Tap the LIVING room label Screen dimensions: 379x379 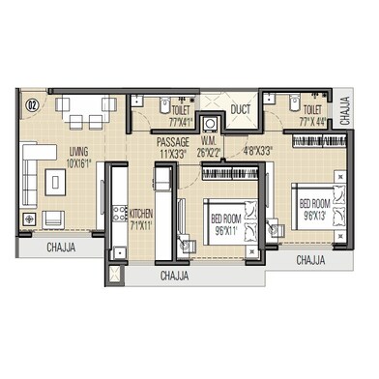pos(78,151)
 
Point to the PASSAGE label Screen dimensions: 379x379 pos(174,141)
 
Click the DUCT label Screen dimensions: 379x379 pos(241,110)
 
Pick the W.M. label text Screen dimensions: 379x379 pos(208,141)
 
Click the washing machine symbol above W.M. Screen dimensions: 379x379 pos(209,108)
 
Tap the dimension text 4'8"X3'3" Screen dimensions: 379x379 pos(256,152)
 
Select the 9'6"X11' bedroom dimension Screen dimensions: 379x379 pos(230,233)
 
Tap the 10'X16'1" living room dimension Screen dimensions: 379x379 pos(78,162)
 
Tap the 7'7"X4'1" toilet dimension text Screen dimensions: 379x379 pos(181,123)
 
